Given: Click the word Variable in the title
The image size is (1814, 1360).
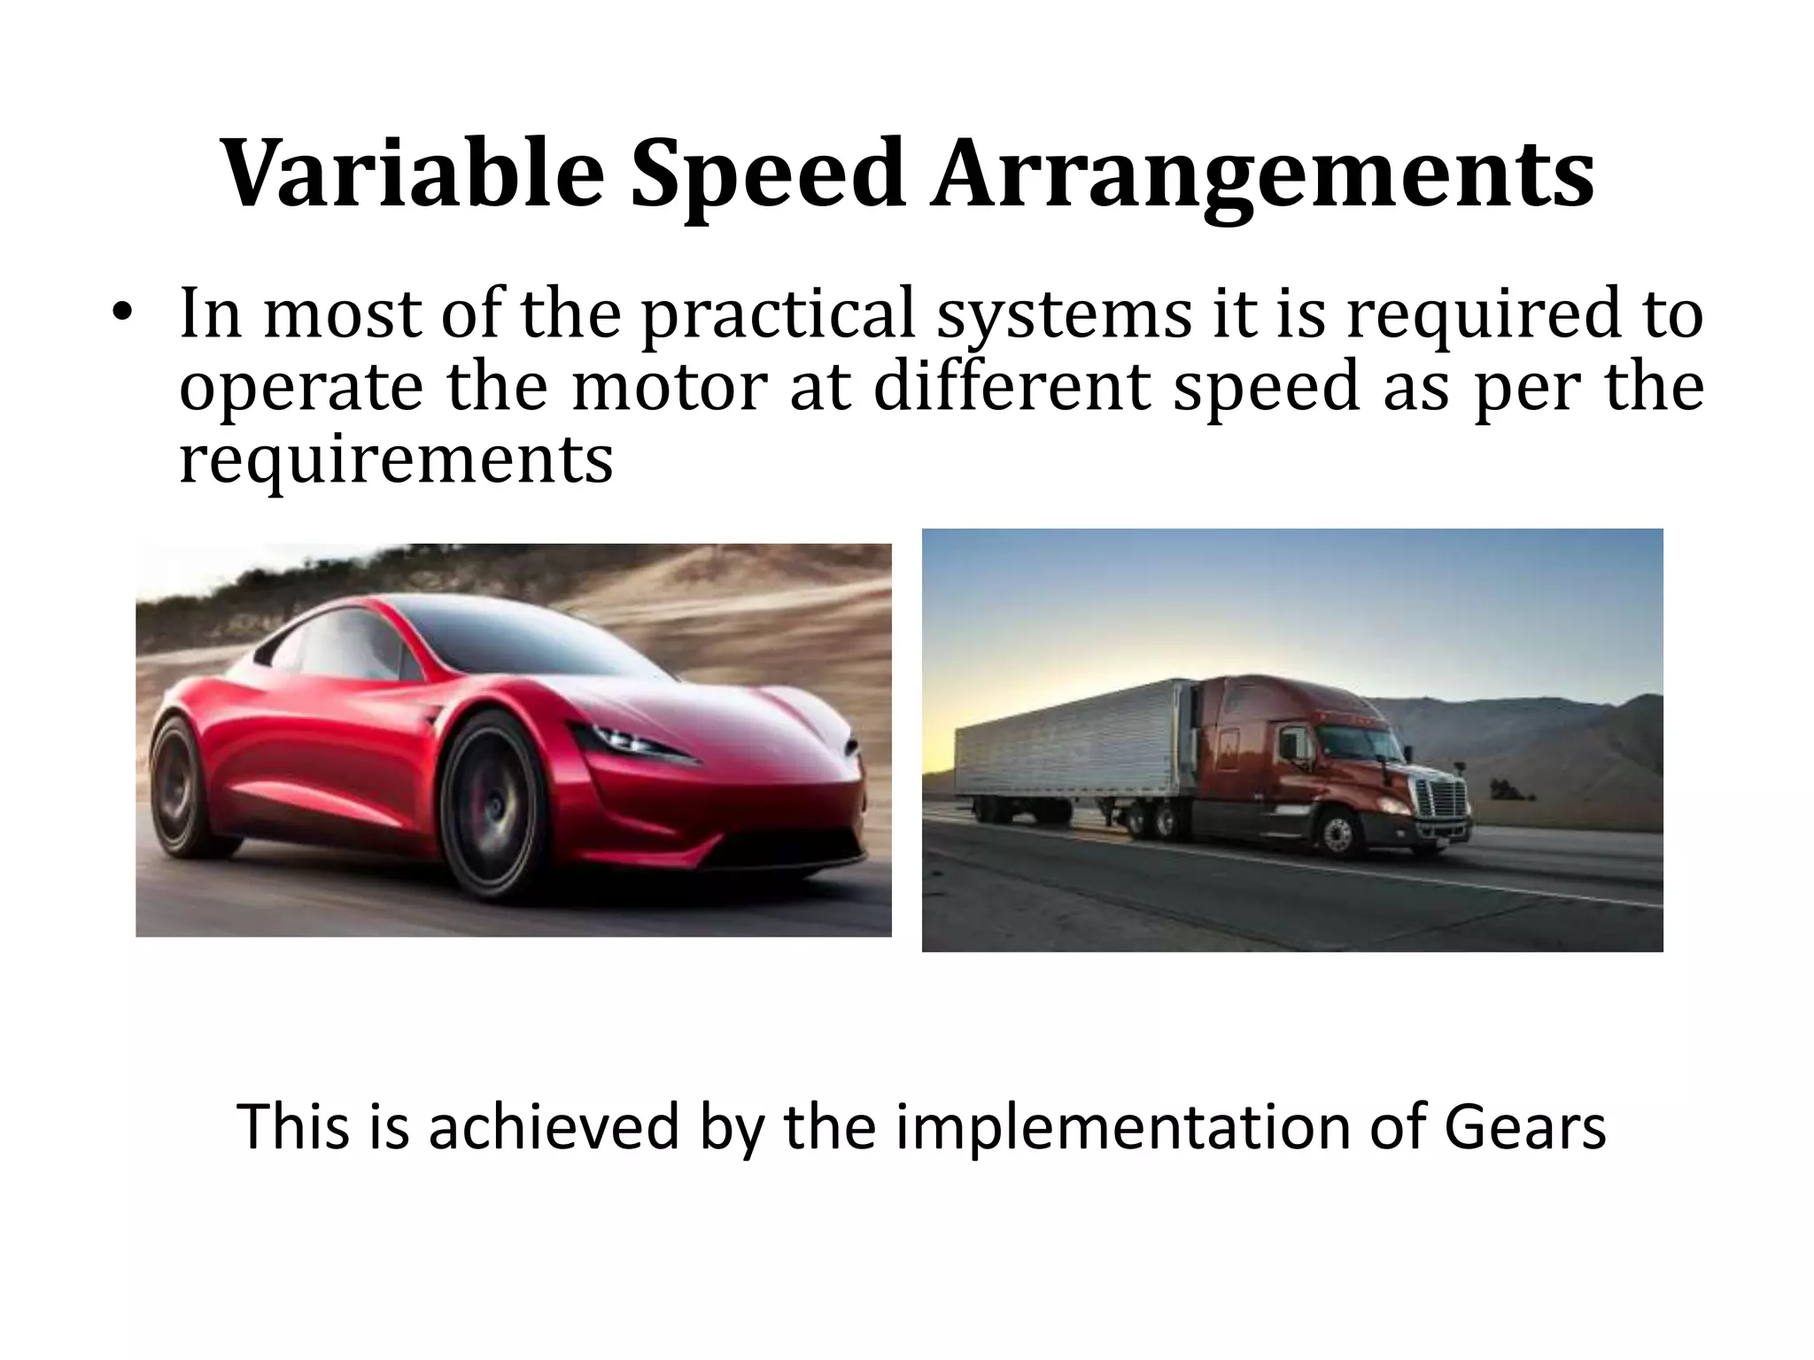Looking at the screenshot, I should (413, 174).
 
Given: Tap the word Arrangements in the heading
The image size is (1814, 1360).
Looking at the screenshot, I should (1261, 174).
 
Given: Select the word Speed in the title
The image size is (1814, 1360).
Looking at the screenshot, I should (767, 174).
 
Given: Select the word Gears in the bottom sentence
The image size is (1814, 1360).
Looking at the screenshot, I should (1524, 1127).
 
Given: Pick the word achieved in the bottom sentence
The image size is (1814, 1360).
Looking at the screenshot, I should (554, 1127).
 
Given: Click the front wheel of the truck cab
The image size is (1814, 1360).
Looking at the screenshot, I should (1338, 833).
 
